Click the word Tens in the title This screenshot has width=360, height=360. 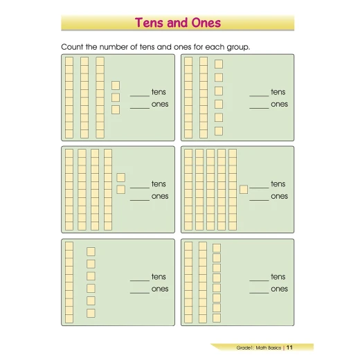point(150,23)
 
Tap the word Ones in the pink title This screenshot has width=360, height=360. point(206,23)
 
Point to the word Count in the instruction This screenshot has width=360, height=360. point(72,47)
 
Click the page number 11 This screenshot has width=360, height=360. point(289,348)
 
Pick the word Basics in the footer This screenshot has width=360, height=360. point(274,348)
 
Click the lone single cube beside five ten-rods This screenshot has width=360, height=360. point(244,190)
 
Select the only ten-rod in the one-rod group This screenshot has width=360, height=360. point(69,282)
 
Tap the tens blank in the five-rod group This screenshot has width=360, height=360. point(259,188)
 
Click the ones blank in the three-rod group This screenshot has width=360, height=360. point(140,108)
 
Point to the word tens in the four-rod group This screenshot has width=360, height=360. point(159,184)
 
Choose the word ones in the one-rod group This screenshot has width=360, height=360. point(160,289)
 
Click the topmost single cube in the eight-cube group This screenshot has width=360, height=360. point(217,248)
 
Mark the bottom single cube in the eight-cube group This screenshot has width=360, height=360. point(217,318)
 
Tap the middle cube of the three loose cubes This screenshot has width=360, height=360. point(116,98)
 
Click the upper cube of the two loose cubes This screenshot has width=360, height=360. point(121,177)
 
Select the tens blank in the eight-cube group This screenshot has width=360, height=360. point(259,280)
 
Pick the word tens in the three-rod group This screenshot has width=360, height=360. point(159,92)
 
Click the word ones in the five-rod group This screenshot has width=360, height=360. point(279,196)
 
